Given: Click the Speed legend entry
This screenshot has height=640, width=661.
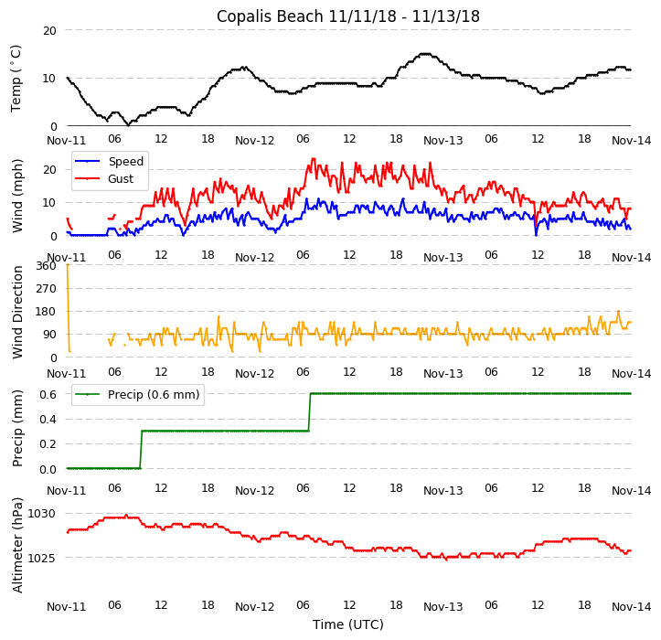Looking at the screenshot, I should pos(125,162).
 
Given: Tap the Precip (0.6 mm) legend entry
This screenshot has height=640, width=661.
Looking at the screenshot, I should pos(154,395).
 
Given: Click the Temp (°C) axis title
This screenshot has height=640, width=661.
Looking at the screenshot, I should pos(16,78).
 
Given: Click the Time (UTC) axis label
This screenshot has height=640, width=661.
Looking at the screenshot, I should pos(347,624).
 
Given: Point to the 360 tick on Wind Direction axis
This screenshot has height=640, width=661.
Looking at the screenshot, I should pos(46,266).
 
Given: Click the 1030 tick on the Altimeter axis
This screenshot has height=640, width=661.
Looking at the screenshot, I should pos(42,514).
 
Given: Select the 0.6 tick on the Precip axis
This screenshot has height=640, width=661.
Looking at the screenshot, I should pos(48,394).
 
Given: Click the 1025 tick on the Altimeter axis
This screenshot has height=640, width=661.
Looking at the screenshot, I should pos(42,558).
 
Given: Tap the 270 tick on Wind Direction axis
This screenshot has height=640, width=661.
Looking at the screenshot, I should pos(46,289).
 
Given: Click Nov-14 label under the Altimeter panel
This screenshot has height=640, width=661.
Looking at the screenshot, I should pos(631,606).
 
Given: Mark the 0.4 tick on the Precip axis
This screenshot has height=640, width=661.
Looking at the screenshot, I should pos(48,419).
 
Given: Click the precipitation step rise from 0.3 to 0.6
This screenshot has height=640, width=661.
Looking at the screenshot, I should pos(309,412).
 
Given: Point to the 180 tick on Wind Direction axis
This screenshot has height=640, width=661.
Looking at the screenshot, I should pos(46,312).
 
